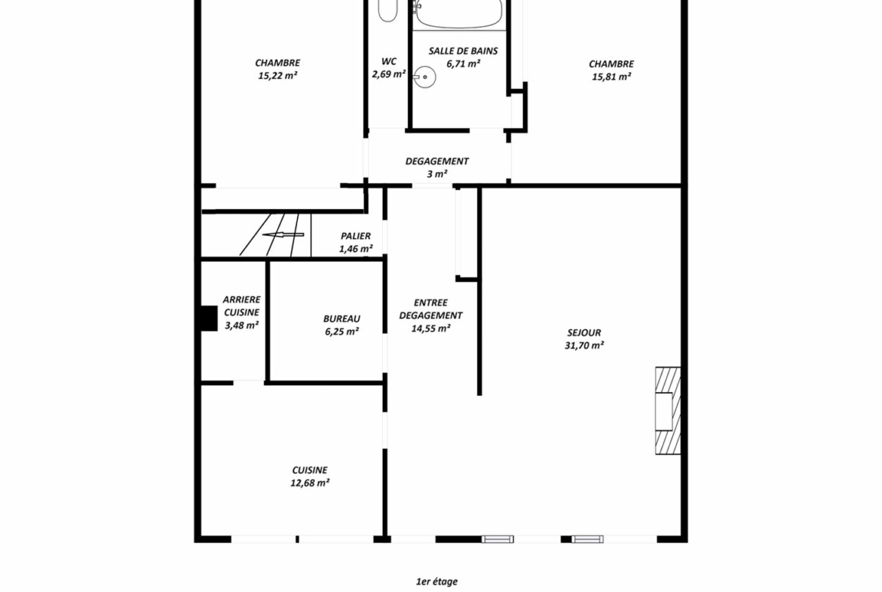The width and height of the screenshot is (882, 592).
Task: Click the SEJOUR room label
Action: (x=584, y=333)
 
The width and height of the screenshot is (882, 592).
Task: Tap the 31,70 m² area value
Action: (x=584, y=345)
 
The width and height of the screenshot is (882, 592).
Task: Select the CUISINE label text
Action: (x=309, y=470)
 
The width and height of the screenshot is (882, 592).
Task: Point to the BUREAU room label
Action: (x=341, y=318)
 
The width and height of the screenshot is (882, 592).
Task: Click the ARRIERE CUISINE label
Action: (x=242, y=305)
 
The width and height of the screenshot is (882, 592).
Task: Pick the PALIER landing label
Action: (x=356, y=236)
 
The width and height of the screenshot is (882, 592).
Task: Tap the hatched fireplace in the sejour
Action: (x=668, y=410)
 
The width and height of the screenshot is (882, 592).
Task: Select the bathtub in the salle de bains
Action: (x=458, y=14)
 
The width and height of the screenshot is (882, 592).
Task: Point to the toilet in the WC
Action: (x=387, y=10)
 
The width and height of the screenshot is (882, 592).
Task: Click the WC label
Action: (x=389, y=61)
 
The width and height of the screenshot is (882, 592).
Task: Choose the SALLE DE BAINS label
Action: (x=463, y=51)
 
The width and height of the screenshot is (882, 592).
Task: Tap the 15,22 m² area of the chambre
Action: (x=278, y=75)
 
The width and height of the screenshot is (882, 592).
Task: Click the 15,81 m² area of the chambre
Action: (x=611, y=76)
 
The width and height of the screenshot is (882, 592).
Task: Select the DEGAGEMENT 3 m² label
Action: (x=437, y=167)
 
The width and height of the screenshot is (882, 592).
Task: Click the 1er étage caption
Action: (x=436, y=581)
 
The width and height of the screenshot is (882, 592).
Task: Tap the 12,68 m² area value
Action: (x=310, y=483)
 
